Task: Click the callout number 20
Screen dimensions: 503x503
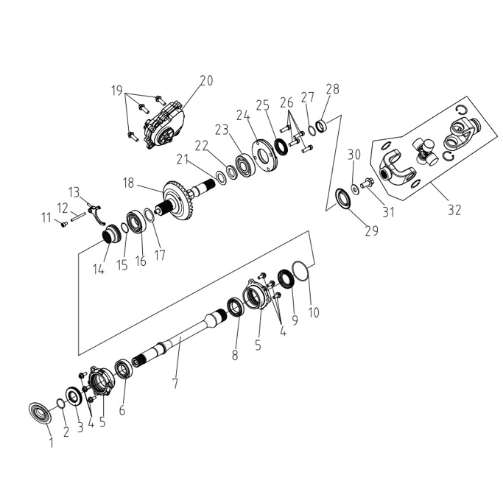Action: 206,80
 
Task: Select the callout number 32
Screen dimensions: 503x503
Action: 454,210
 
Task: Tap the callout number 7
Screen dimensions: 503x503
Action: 175,384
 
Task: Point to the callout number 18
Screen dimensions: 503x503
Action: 128,183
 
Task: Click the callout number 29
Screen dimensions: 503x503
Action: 372,231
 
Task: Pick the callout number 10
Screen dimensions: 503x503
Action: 314,312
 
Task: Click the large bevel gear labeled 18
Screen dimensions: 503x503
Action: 175,202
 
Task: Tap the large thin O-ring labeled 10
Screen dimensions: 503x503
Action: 300,272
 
